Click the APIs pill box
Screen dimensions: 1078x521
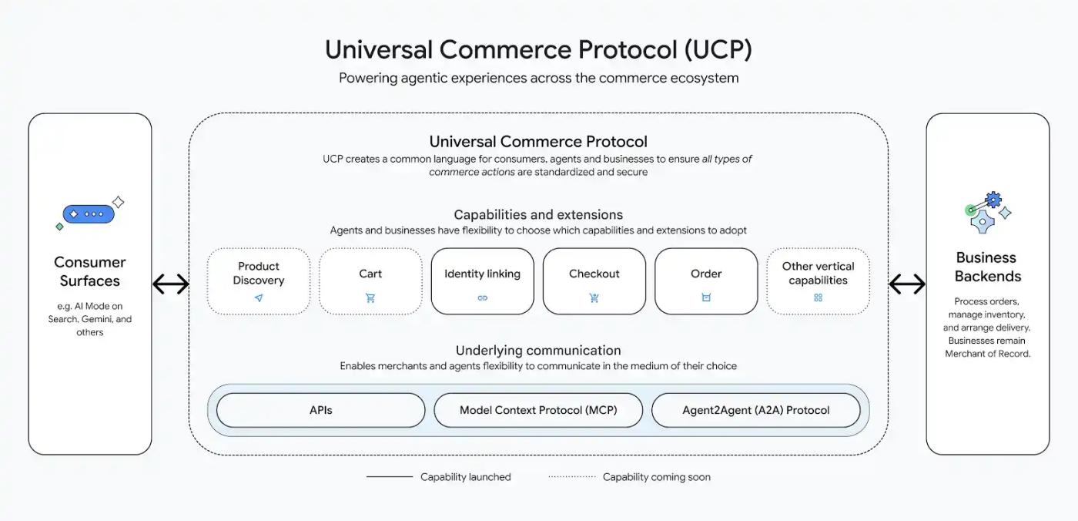pyautogui.click(x=320, y=410)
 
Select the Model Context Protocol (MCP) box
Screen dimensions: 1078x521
pyautogui.click(x=538, y=410)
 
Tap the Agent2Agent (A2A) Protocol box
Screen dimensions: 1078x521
pyautogui.click(x=755, y=410)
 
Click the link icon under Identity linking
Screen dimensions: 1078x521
pyautogui.click(x=482, y=298)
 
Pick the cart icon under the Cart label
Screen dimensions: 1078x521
pyautogui.click(x=370, y=298)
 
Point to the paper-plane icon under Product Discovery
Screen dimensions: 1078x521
pyautogui.click(x=259, y=298)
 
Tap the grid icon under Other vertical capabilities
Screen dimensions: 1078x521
pyautogui.click(x=818, y=297)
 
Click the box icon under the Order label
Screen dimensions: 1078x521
pyautogui.click(x=706, y=297)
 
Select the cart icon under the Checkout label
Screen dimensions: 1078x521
pyautogui.click(x=594, y=298)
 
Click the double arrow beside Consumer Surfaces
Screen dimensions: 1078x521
pyautogui.click(x=171, y=284)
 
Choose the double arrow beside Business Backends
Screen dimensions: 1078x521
pyautogui.click(x=907, y=284)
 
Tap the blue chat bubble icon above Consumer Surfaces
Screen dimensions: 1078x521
pyautogui.click(x=89, y=214)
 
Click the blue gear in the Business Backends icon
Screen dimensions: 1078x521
pyautogui.click(x=993, y=200)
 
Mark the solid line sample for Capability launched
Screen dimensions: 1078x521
pyautogui.click(x=390, y=477)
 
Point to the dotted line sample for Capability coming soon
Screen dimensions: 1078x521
pyautogui.click(x=572, y=477)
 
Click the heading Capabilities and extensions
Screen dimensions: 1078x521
pyautogui.click(x=538, y=215)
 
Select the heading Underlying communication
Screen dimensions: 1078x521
pyautogui.click(x=538, y=351)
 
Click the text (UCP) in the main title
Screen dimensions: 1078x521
pyautogui.click(x=718, y=49)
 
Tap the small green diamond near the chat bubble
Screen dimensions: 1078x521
pyautogui.click(x=60, y=227)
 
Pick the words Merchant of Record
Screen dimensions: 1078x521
pyautogui.click(x=987, y=354)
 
